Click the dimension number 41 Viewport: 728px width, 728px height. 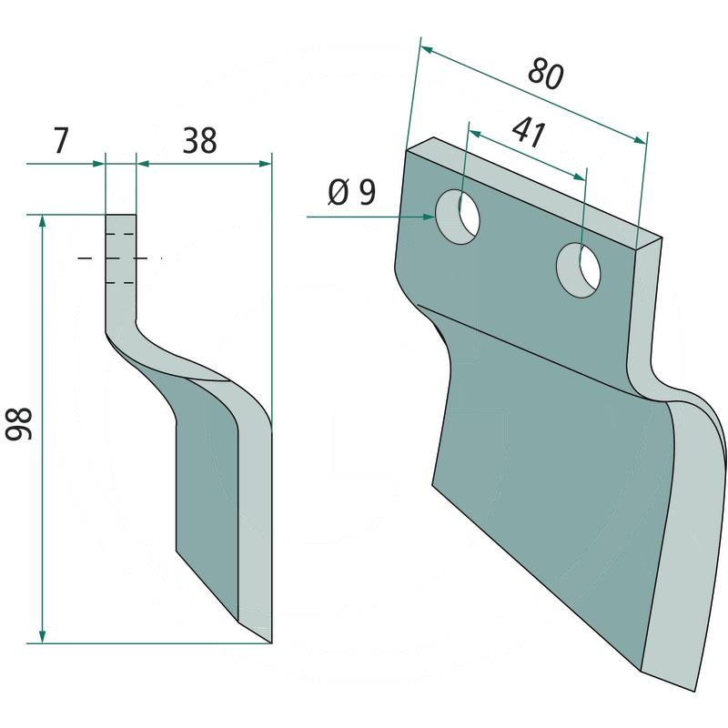[528, 133]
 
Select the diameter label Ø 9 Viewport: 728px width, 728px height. [350, 193]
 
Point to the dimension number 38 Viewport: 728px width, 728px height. [199, 141]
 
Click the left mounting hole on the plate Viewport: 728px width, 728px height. [458, 216]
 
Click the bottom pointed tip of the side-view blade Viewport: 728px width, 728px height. [270, 641]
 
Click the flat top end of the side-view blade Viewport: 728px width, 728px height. [120, 216]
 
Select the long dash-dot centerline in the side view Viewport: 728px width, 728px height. [118, 259]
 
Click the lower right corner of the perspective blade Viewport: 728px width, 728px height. [696, 686]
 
